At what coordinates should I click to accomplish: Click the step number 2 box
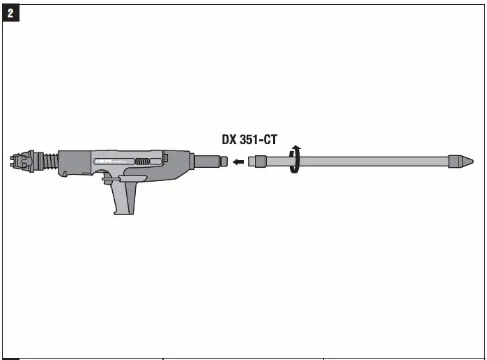[11, 14]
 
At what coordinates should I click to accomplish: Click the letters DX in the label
[229, 140]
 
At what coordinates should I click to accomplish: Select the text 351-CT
[258, 140]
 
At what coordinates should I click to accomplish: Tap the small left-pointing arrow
[238, 162]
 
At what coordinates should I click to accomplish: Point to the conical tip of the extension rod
[463, 162]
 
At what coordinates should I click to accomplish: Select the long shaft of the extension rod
[369, 162]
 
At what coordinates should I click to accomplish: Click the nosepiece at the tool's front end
[22, 162]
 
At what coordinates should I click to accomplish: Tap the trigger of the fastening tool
[110, 182]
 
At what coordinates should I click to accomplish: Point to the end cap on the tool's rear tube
[224, 162]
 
